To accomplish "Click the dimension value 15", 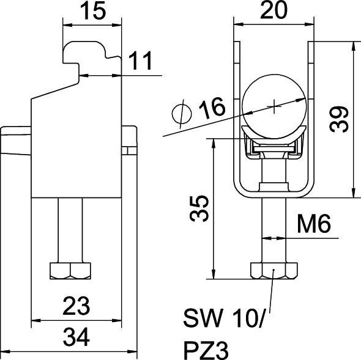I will coord(92,12).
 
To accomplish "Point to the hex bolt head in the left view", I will coord(70,271).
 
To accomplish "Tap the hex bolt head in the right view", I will coord(273,270).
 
